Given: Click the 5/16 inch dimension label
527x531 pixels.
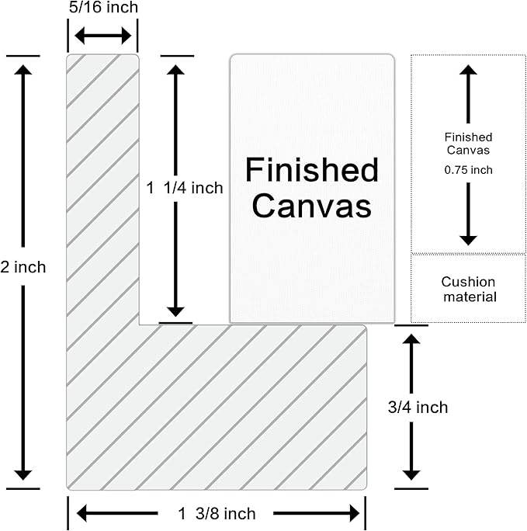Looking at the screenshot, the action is pyautogui.click(x=103, y=7).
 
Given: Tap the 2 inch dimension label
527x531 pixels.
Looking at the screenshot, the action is pyautogui.click(x=23, y=267).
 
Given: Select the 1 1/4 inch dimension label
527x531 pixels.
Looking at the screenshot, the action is pyautogui.click(x=185, y=188).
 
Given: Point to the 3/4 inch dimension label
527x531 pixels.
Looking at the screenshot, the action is pyautogui.click(x=418, y=407).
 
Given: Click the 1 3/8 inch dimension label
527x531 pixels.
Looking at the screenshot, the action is pyautogui.click(x=217, y=513).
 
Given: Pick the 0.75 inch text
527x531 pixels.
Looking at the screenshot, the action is pyautogui.click(x=469, y=170).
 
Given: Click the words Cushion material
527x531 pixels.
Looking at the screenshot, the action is pyautogui.click(x=469, y=290).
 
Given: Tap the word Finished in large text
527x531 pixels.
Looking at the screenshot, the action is pyautogui.click(x=312, y=170).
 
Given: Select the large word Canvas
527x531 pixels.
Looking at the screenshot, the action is pyautogui.click(x=312, y=206).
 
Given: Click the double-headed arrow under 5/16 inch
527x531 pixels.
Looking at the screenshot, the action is pyautogui.click(x=103, y=36).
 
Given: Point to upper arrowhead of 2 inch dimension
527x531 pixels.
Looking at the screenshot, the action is pyautogui.click(x=23, y=71).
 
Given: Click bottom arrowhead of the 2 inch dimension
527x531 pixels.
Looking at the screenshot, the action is pyautogui.click(x=23, y=475).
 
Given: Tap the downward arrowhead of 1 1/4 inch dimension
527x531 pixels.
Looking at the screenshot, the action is pyautogui.click(x=175, y=311).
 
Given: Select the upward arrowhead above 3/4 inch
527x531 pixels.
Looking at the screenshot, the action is pyautogui.click(x=411, y=339).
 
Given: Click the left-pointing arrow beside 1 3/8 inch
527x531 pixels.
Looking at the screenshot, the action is pyautogui.click(x=117, y=513).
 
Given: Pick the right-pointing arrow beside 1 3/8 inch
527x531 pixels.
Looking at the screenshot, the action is pyautogui.click(x=316, y=513).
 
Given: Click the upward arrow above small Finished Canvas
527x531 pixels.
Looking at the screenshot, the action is pyautogui.click(x=469, y=94).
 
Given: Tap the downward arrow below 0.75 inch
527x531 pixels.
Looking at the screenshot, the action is pyautogui.click(x=469, y=214).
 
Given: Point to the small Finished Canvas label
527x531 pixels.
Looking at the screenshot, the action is pyautogui.click(x=469, y=144).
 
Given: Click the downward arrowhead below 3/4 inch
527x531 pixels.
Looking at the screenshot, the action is pyautogui.click(x=411, y=475).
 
